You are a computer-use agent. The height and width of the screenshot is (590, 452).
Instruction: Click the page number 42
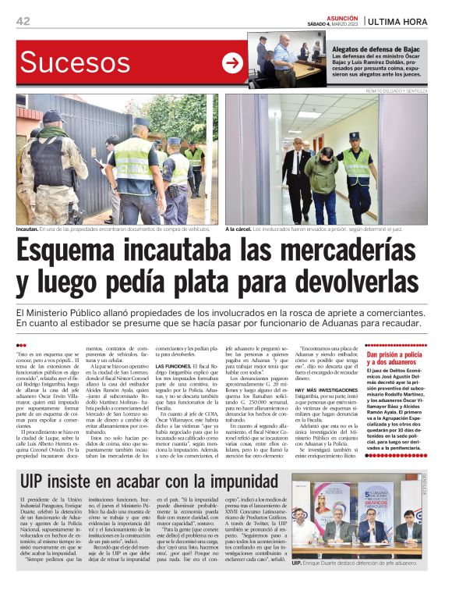coord(23,21)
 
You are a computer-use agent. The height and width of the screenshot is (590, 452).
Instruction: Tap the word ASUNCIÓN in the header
coord(341,15)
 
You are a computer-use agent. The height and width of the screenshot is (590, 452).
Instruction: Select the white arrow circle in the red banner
coord(232,63)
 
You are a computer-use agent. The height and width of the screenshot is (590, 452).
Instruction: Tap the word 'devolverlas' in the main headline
coord(351,283)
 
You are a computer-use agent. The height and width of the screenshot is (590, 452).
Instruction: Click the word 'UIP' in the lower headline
coord(37,482)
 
